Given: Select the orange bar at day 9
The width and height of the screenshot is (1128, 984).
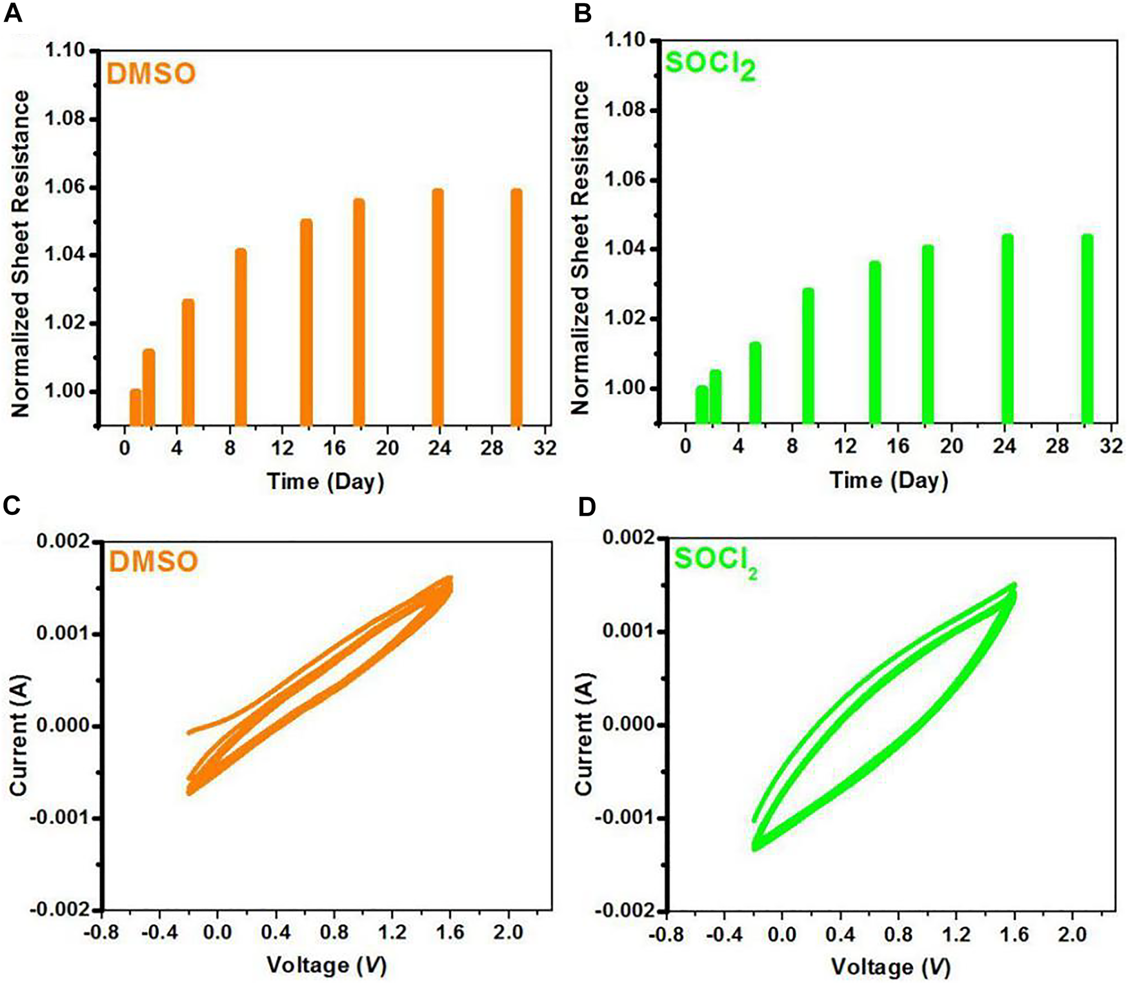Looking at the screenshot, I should (x=241, y=336).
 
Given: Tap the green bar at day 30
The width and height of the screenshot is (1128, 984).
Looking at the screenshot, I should (x=1087, y=329).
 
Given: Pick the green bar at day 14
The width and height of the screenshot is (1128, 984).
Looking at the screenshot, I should (x=875, y=342).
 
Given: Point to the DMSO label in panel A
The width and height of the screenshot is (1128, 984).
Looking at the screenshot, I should (x=151, y=74).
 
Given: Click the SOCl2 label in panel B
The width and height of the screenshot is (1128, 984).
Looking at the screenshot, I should (x=710, y=65).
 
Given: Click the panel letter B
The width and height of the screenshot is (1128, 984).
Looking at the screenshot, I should (x=582, y=13).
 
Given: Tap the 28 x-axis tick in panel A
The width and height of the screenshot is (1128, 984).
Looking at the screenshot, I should (x=492, y=447).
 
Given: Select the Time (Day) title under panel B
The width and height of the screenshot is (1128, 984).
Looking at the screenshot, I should (x=889, y=481).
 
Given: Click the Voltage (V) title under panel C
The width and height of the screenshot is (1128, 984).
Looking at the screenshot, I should (x=327, y=965).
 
